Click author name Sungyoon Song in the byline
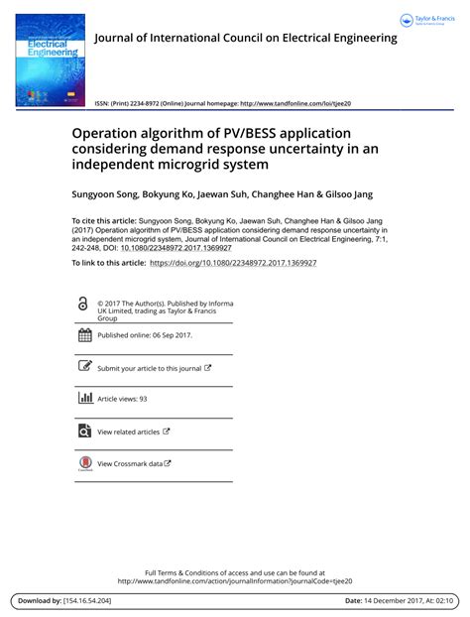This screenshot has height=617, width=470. [105, 195]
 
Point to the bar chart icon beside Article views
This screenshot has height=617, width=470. [84, 399]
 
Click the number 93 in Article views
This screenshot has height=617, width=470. [143, 399]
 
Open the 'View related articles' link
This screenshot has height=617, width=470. [128, 432]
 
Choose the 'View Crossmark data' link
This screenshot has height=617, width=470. [129, 463]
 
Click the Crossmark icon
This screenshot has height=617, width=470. [84, 463]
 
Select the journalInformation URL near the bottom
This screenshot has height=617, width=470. [235, 581]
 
